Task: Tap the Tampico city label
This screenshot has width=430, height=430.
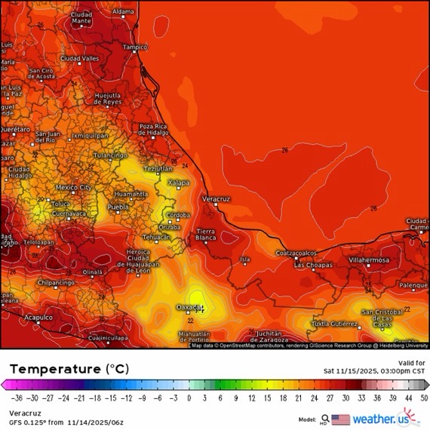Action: (x=135, y=47)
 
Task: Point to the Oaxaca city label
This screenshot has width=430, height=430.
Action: (x=189, y=307)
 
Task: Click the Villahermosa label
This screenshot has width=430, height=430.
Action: (x=369, y=260)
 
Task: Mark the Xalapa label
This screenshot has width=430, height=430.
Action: (x=178, y=183)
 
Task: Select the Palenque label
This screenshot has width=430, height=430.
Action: (x=413, y=286)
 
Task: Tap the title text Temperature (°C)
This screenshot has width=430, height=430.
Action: (x=69, y=369)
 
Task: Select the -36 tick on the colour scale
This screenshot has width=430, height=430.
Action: (x=16, y=398)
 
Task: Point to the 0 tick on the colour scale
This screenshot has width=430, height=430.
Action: (x=189, y=398)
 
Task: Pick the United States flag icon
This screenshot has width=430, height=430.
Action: (x=340, y=419)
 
